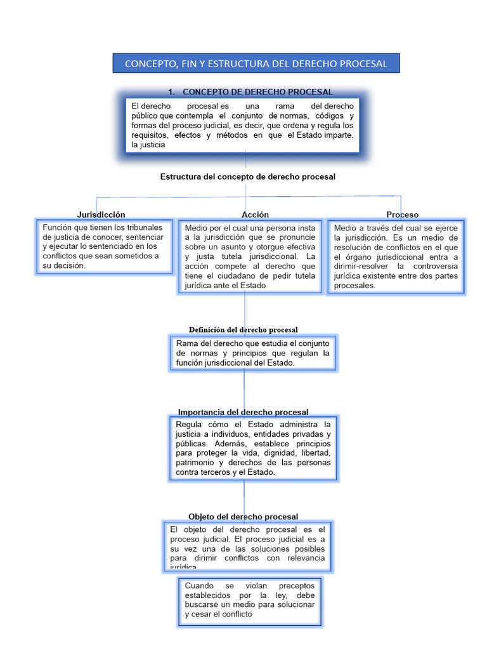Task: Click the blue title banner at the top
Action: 256,63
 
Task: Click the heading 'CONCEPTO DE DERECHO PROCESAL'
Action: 257,92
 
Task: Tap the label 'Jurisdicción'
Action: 101,215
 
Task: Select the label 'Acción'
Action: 255,215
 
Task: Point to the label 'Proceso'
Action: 403,215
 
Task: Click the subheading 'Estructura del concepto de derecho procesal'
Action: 248,176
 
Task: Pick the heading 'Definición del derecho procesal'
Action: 243,329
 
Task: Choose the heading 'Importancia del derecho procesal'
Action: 243,413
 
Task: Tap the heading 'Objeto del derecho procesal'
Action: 243,517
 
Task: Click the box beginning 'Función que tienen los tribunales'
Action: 105,246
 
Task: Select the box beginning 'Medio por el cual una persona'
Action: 250,256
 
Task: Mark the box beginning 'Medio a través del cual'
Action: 396,256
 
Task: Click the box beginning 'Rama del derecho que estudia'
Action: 252,353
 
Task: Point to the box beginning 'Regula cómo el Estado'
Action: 252,448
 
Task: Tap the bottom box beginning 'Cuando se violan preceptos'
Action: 249,600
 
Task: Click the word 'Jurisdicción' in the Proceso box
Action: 361,237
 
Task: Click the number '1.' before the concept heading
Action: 171,92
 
